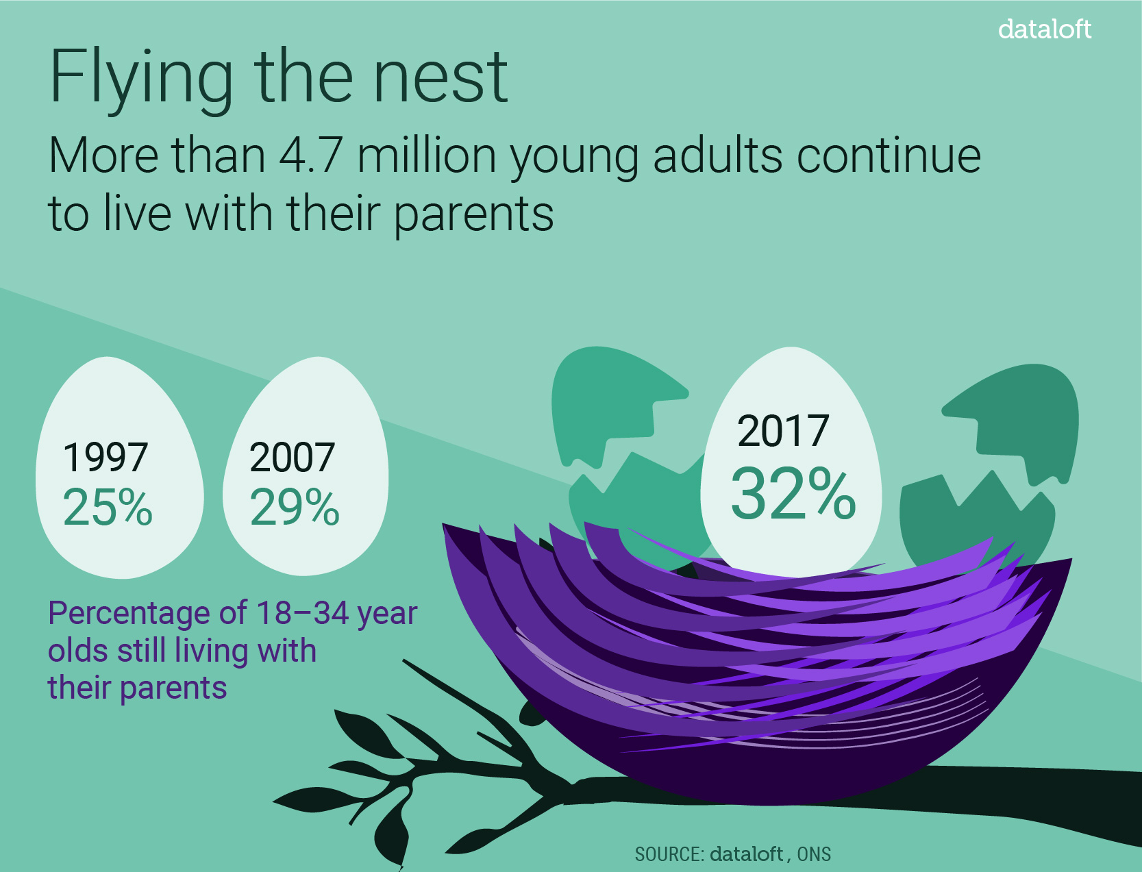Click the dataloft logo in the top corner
pyautogui.click(x=1044, y=29)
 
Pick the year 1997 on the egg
pyautogui.click(x=105, y=457)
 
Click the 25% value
pyautogui.click(x=108, y=506)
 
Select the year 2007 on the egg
pyautogui.click(x=292, y=457)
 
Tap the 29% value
pyautogui.click(x=295, y=506)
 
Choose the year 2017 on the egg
pyautogui.click(x=782, y=431)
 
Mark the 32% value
pyautogui.click(x=793, y=493)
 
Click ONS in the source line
pyautogui.click(x=815, y=854)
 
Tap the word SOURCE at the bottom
pyautogui.click(x=670, y=854)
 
